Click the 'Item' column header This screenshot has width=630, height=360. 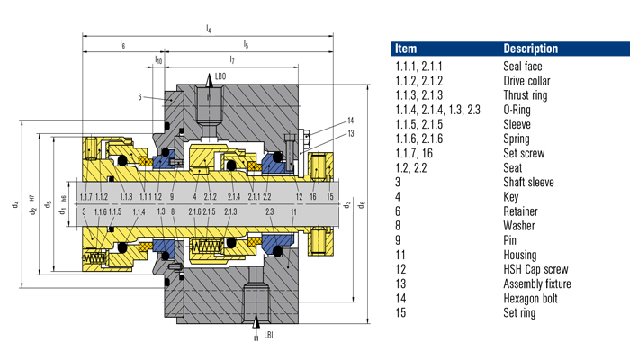click(406, 48)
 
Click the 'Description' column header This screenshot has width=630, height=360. click(530, 48)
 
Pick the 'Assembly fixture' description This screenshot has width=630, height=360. click(536, 284)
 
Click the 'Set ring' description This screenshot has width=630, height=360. click(520, 312)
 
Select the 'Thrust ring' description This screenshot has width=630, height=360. click(526, 94)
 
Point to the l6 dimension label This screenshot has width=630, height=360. click(122, 44)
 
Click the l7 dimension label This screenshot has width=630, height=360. click(231, 60)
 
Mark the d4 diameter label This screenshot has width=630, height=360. click(15, 203)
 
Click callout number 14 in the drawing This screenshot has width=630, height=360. click(351, 120)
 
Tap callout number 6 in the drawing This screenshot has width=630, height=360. click(140, 95)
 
